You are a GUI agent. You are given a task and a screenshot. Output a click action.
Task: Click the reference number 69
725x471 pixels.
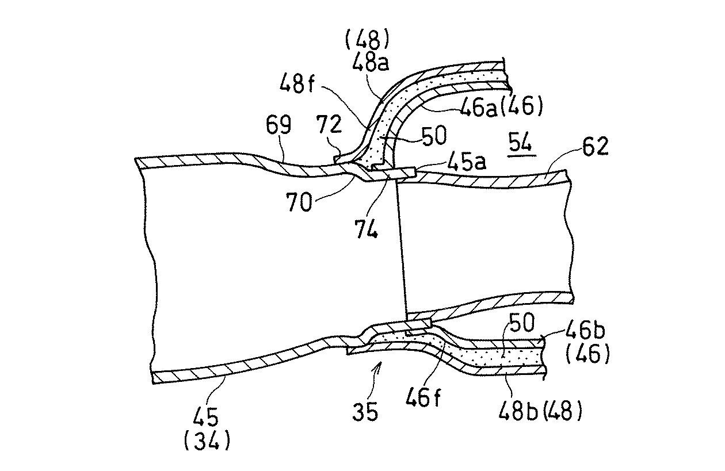(x=278, y=125)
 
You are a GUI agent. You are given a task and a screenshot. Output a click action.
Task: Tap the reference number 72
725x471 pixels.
(x=330, y=124)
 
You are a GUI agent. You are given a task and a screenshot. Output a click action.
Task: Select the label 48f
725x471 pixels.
(x=297, y=82)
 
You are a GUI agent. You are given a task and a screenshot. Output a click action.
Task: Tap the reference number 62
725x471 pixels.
(x=596, y=147)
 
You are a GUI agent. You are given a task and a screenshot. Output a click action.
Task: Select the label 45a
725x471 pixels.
(x=467, y=161)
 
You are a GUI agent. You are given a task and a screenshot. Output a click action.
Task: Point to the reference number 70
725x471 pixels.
(x=299, y=202)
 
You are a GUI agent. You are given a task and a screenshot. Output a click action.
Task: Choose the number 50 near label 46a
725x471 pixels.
(x=433, y=135)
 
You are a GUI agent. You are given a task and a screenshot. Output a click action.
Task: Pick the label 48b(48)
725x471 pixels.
(x=540, y=411)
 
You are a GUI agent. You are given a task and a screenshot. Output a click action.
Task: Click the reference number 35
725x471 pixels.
(x=365, y=412)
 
